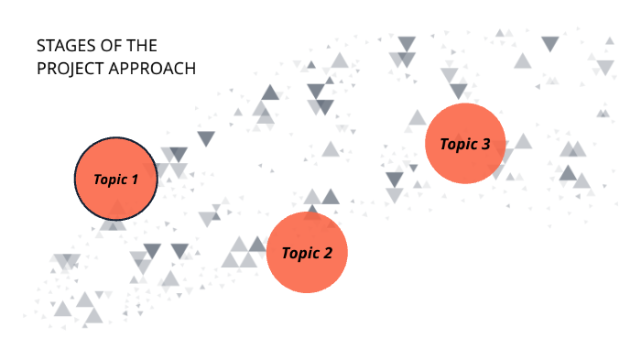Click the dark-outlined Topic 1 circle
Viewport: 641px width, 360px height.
pyautogui.click(x=115, y=180)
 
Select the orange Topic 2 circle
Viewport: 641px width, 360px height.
pyautogui.click(x=307, y=253)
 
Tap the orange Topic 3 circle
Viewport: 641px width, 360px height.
pyautogui.click(x=465, y=144)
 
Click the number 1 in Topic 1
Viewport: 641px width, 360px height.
pyautogui.click(x=134, y=180)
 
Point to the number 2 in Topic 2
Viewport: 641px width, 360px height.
pyautogui.click(x=327, y=254)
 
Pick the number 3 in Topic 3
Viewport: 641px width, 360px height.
pyautogui.click(x=485, y=144)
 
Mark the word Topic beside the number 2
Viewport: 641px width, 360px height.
pyautogui.click(x=300, y=254)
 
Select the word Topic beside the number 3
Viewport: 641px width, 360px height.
pyautogui.click(x=459, y=145)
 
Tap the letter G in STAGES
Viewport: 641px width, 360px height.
pyautogui.click(x=69, y=46)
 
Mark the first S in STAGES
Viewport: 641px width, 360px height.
pyautogui.click(x=41, y=46)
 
